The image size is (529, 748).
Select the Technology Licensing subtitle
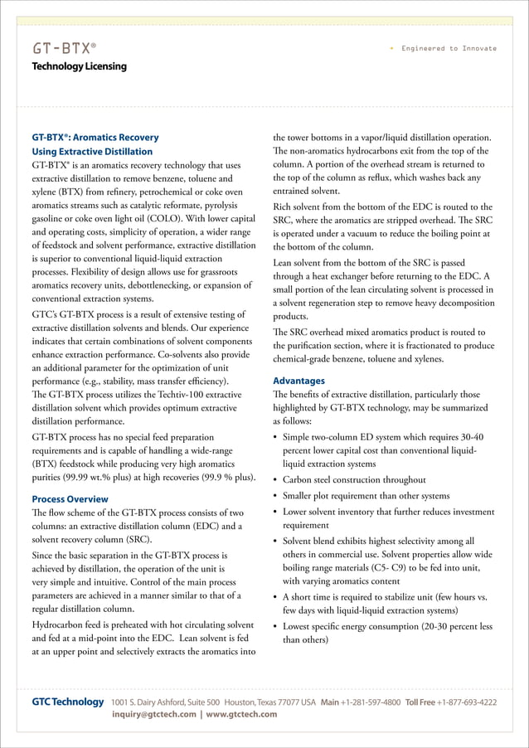79,66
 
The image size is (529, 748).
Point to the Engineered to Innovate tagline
449,48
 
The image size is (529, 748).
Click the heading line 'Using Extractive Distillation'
92,152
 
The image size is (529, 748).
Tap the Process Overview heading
70,499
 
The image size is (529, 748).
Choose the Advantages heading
298,381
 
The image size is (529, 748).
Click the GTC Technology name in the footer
68,702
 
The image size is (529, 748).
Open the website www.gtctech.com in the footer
241,715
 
